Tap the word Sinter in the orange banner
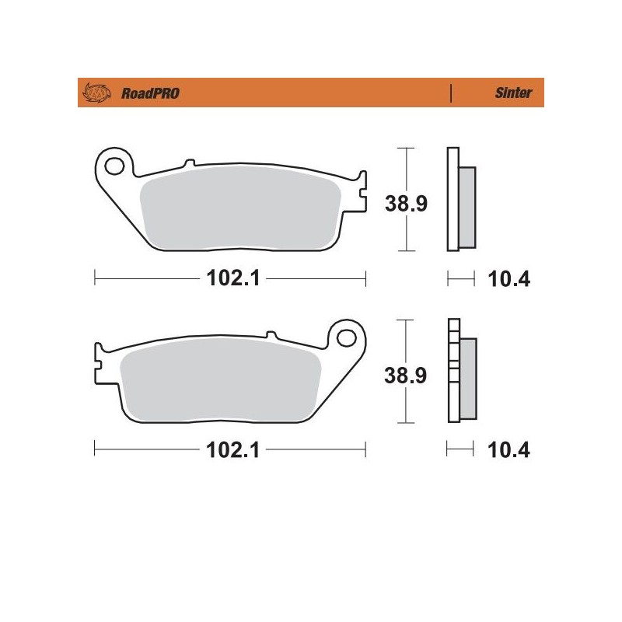coord(512,93)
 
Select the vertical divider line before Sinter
coord(451,93)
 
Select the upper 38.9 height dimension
coord(406,204)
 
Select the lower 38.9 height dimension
coord(406,376)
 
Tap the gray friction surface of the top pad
coord(241,210)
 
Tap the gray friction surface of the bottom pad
coord(222,381)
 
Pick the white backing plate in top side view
coord(453,199)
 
